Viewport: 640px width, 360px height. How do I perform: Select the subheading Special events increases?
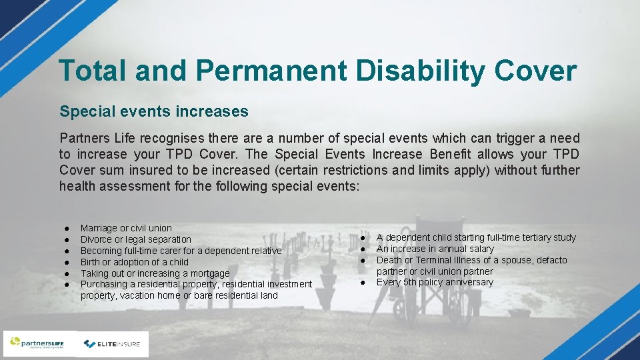click(154, 111)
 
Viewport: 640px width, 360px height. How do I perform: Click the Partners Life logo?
click(38, 344)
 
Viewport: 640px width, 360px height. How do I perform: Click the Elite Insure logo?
click(112, 344)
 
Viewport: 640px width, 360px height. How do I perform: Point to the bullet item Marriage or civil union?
click(126, 228)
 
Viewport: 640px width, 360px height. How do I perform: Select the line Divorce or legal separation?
click(135, 239)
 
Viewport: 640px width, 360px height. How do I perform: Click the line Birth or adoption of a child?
click(134, 262)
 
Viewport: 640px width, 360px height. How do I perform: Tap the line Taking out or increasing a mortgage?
click(155, 273)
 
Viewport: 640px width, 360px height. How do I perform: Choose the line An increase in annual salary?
click(435, 249)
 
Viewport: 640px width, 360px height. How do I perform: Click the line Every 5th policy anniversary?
click(435, 282)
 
